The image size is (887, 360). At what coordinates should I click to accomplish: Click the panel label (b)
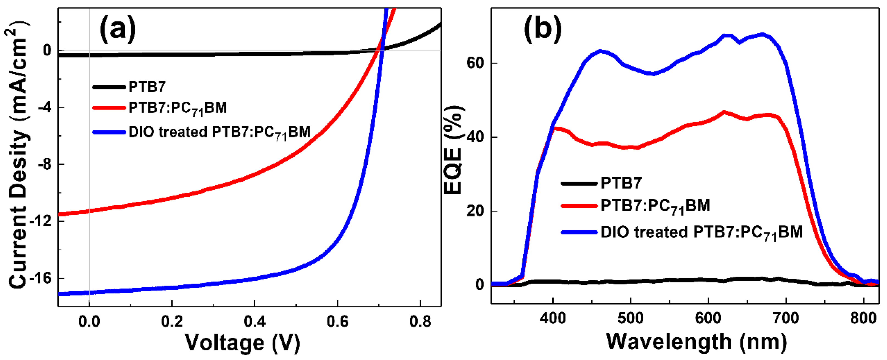[x=543, y=29]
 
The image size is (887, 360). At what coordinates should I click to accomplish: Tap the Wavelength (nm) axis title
[x=696, y=342]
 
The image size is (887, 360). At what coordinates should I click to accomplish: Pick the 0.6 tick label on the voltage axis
[x=337, y=322]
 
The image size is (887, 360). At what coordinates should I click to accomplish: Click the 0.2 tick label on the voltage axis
[x=172, y=322]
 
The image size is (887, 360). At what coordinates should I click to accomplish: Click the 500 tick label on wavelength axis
[x=630, y=318]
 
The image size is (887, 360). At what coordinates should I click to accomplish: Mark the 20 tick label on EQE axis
[x=475, y=211]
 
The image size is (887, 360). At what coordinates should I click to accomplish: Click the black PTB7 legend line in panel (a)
[x=109, y=87]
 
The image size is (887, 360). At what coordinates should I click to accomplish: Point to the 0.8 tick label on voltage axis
[x=420, y=322]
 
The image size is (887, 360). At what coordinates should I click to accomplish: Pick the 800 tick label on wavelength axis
[x=864, y=318]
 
